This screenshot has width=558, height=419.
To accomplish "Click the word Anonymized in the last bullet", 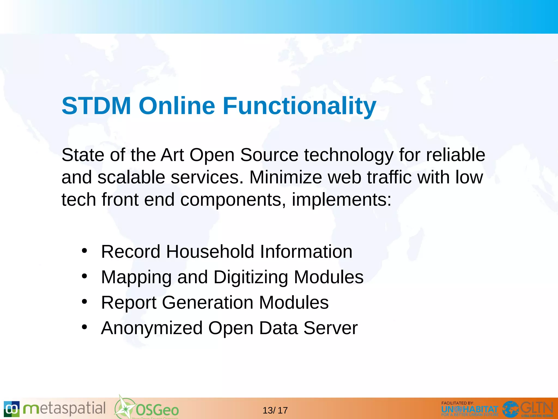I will (152, 328).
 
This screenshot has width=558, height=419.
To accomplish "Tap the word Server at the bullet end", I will (330, 328).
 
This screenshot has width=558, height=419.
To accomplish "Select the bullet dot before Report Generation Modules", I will (84, 301).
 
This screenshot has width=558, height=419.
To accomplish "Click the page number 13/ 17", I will (275, 410).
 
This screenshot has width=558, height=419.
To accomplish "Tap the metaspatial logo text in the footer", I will (64, 409).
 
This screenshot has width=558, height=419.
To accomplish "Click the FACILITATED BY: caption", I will (457, 403).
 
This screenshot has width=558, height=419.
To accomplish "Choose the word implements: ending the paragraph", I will (341, 200).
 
